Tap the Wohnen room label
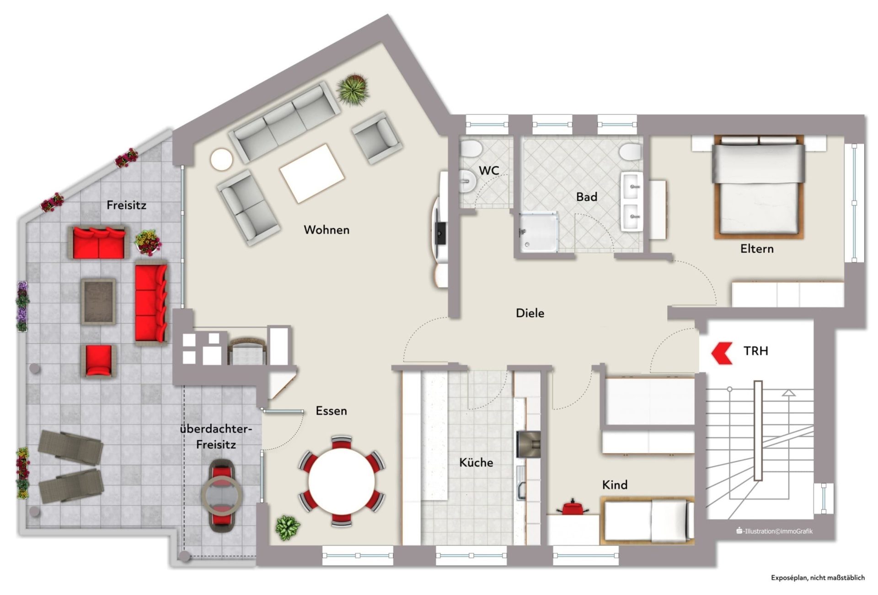327,230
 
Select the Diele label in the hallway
530,313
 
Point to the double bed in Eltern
759,186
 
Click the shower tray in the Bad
538,232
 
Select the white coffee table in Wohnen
312,173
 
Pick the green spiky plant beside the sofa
353,89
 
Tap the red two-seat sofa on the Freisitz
98,242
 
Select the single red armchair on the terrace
98,361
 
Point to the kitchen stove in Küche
529,444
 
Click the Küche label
476,462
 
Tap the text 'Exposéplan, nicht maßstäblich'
818,578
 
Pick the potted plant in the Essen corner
288,528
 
